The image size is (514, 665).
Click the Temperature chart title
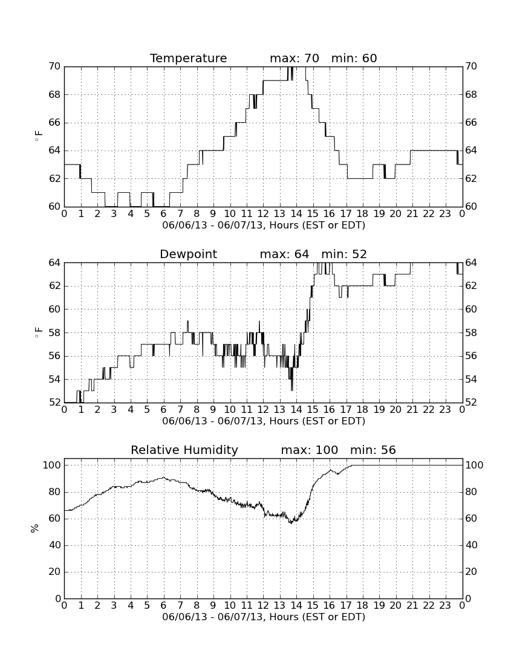(x=188, y=58)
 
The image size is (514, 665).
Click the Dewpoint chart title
(x=188, y=254)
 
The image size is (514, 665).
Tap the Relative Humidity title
(x=184, y=450)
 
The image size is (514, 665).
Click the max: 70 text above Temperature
(x=294, y=58)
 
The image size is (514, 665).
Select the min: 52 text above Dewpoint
(x=344, y=254)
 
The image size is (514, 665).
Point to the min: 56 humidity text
(x=372, y=450)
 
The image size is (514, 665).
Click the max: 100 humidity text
(x=310, y=450)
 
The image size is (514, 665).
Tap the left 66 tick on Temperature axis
(x=54, y=123)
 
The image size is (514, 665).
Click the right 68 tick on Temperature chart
(x=471, y=94)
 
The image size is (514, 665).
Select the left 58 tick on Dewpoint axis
(x=54, y=333)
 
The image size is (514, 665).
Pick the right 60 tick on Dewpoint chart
(x=471, y=310)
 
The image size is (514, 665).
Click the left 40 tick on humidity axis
(x=55, y=545)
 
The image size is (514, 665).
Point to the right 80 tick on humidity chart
(x=471, y=492)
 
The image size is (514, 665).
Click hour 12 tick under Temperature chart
(x=263, y=214)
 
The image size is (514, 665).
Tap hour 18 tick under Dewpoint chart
(x=362, y=410)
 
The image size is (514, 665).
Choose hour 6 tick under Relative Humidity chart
(x=164, y=606)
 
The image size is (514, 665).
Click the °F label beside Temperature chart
(x=38, y=136)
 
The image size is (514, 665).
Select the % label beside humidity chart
(x=35, y=528)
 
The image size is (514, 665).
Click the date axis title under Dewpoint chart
(x=264, y=421)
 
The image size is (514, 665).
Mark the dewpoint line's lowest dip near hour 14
(x=292, y=390)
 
